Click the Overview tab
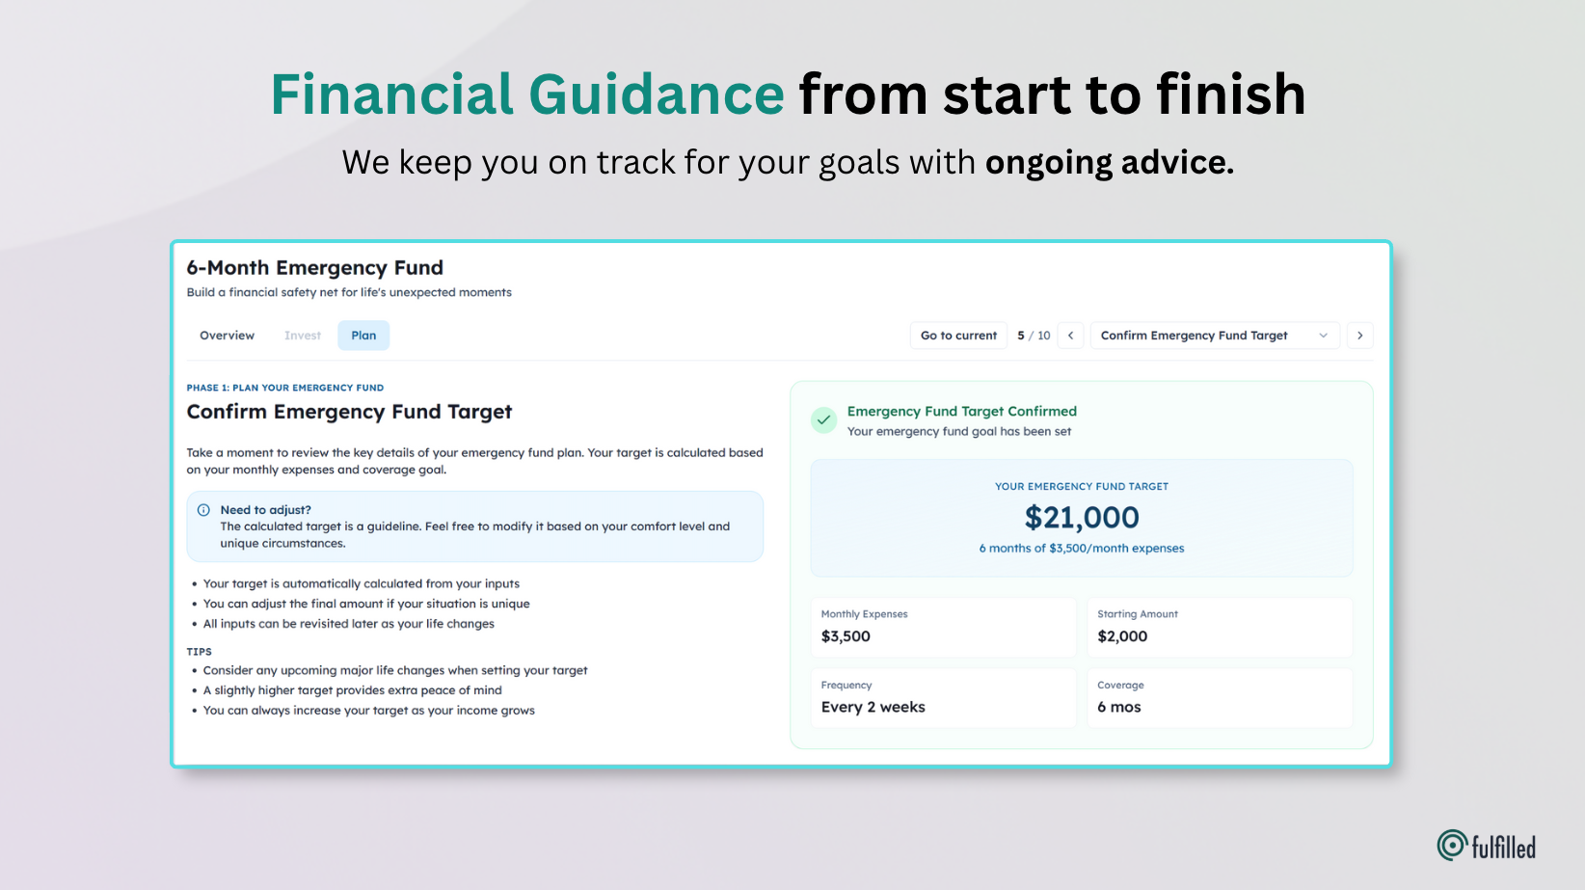pyautogui.click(x=227, y=336)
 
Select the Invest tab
pyautogui.click(x=303, y=336)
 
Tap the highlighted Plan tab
pyautogui.click(x=363, y=336)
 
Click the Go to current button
pyautogui.click(x=958, y=336)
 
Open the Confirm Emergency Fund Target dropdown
pyautogui.click(x=1214, y=336)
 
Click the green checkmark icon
pyautogui.click(x=823, y=420)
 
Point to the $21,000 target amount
pyautogui.click(x=1082, y=518)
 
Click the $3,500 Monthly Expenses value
pyautogui.click(x=846, y=636)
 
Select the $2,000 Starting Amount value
pyautogui.click(x=1122, y=636)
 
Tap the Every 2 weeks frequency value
pyautogui.click(x=873, y=707)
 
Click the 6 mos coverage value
pyautogui.click(x=1118, y=707)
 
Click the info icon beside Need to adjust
pyautogui.click(x=203, y=510)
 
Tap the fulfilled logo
pyautogui.click(x=1486, y=846)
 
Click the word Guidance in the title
pyautogui.click(x=656, y=94)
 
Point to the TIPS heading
pyautogui.click(x=199, y=652)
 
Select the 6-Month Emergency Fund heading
pyautogui.click(x=314, y=268)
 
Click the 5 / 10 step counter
pyautogui.click(x=1034, y=336)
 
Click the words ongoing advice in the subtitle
pyautogui.click(x=1109, y=163)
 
